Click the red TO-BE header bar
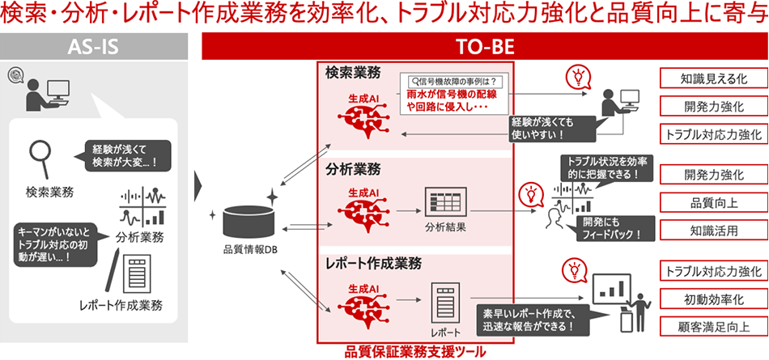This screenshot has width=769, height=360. pyautogui.click(x=483, y=45)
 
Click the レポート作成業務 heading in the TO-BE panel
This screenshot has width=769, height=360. pyautogui.click(x=375, y=265)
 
